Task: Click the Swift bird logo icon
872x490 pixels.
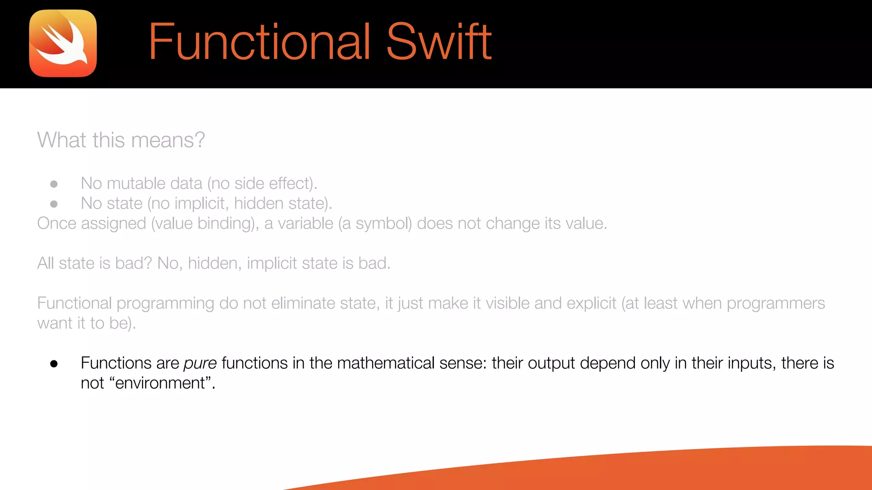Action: click(x=63, y=43)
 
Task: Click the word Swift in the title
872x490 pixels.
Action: click(x=439, y=42)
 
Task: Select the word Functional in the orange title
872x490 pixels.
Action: click(x=259, y=42)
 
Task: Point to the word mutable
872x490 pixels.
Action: click(x=136, y=183)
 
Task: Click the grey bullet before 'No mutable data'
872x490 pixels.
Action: click(x=54, y=184)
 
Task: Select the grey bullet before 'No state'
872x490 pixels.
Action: click(x=54, y=204)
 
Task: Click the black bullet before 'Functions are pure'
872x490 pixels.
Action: click(x=54, y=364)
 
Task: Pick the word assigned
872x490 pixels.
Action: click(x=113, y=223)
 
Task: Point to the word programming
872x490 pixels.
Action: click(x=165, y=304)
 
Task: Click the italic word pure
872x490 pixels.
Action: click(x=200, y=363)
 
